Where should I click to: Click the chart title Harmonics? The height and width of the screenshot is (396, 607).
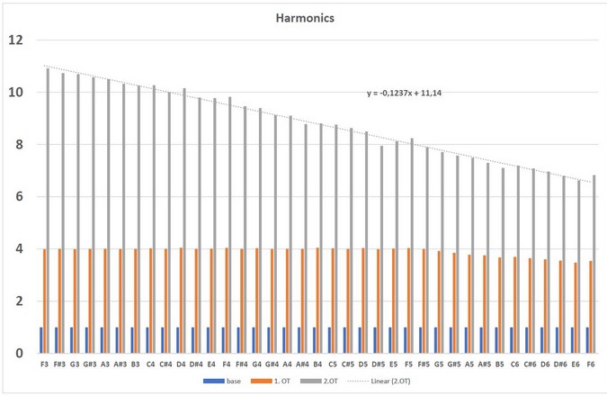303,16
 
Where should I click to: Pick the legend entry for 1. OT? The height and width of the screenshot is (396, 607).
275,382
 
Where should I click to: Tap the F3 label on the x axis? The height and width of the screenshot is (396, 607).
45,364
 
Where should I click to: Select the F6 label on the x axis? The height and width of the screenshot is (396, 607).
590,364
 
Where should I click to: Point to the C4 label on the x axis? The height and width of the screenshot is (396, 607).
151,364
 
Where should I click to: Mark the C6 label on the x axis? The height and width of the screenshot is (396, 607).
514,364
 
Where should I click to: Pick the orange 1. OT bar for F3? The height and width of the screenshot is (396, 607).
44,301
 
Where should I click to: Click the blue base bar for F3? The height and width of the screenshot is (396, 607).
40,340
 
